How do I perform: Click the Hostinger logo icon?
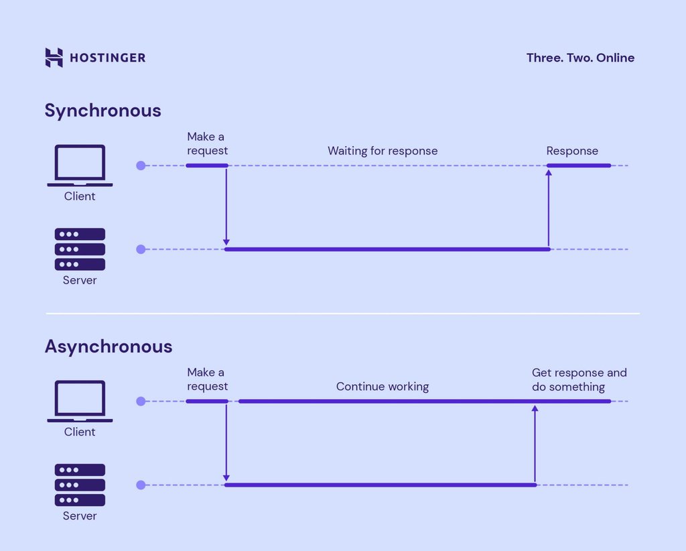[54, 58]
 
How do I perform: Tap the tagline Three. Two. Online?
[580, 58]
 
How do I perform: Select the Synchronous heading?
[102, 111]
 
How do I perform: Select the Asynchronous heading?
[108, 347]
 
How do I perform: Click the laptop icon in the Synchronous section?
[80, 166]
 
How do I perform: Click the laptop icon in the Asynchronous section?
[80, 402]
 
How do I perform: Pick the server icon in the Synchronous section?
[80, 249]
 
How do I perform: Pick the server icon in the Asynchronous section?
[80, 485]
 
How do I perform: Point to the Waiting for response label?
[382, 151]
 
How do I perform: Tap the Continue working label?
[382, 387]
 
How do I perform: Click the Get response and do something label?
[579, 380]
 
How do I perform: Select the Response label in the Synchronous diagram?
[572, 151]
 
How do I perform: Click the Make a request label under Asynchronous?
[207, 379]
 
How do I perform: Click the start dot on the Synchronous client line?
[141, 166]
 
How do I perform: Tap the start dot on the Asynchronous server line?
[141, 485]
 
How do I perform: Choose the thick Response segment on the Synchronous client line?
[579, 166]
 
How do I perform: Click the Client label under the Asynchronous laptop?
[80, 432]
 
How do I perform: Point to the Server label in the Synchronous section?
[80, 280]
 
